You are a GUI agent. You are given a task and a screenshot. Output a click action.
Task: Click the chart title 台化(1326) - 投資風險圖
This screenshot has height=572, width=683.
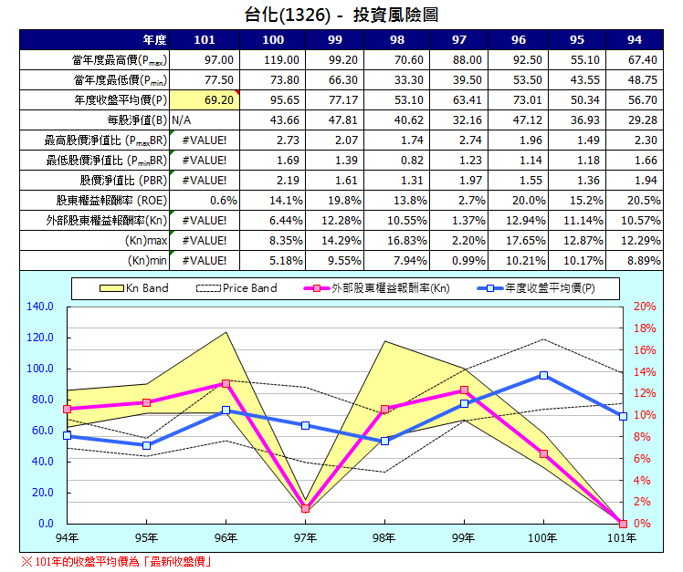tap(341, 14)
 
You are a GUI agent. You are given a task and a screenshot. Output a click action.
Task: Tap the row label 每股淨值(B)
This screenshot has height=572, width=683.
tap(137, 120)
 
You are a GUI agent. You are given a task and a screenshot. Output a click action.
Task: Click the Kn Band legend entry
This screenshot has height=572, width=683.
tap(133, 288)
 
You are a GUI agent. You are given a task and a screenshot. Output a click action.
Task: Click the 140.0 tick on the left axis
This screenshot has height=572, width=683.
tap(42, 307)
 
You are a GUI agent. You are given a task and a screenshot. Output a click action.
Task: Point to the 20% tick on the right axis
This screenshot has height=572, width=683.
tap(644, 307)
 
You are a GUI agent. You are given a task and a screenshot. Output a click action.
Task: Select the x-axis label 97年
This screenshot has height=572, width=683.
tap(305, 538)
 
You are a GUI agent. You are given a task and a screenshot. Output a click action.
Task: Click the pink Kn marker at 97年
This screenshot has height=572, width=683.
tap(305, 508)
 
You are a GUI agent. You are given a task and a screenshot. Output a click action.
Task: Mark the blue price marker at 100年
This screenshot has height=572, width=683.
tap(543, 375)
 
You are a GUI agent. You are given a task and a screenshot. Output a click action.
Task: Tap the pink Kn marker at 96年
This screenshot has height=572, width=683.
tap(226, 384)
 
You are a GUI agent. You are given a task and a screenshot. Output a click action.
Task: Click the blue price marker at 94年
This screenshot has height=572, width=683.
tap(67, 436)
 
